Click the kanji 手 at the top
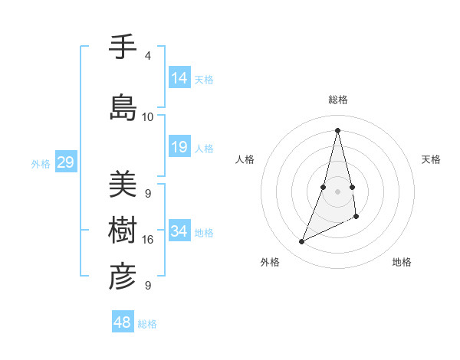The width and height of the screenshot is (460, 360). pyautogui.click(x=122, y=47)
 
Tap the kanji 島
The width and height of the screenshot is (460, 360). pyautogui.click(x=122, y=107)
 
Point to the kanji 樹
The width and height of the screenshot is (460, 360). pyautogui.click(x=122, y=230)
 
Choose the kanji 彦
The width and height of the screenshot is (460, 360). pyautogui.click(x=122, y=277)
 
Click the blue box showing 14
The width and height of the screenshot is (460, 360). pyautogui.click(x=179, y=77)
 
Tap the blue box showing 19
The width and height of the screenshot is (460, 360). pyautogui.click(x=179, y=147)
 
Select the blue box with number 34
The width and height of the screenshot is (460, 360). pyautogui.click(x=179, y=231)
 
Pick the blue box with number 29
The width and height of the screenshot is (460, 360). pyautogui.click(x=65, y=162)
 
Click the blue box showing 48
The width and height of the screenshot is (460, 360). pyautogui.click(x=123, y=322)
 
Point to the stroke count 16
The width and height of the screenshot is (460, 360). pyautogui.click(x=147, y=240)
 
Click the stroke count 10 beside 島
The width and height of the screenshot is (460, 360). pyautogui.click(x=147, y=117)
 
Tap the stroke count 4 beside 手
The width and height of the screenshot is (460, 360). pyautogui.click(x=147, y=56)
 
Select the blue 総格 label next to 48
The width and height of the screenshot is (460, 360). pyautogui.click(x=147, y=324)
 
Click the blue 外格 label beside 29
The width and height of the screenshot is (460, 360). pyautogui.click(x=40, y=163)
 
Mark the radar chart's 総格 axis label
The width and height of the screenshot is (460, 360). pyautogui.click(x=337, y=100)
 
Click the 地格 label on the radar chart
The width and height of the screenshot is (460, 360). pyautogui.click(x=402, y=262)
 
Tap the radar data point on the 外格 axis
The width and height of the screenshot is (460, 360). pyautogui.click(x=302, y=242)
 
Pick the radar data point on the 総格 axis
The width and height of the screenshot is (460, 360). pyautogui.click(x=337, y=129)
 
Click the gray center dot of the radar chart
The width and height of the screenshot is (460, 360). pyautogui.click(x=337, y=191)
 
